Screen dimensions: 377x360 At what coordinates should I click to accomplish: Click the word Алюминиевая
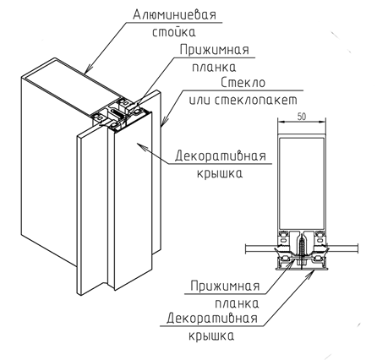tap(174, 14)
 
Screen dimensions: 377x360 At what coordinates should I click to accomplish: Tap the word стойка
tap(174, 32)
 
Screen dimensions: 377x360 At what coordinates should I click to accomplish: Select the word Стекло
tap(243, 83)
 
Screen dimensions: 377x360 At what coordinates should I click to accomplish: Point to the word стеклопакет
tap(256, 101)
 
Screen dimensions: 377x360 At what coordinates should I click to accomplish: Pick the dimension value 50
tap(302, 117)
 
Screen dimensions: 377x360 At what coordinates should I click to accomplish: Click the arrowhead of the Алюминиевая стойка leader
tap(89, 69)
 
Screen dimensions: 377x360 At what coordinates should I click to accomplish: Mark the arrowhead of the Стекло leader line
tap(164, 121)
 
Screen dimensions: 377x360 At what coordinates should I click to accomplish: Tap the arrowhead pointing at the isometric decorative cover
tap(140, 145)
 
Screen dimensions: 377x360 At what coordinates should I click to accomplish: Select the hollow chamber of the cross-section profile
tap(302, 183)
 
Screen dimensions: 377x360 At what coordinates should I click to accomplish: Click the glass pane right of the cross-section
tap(341, 248)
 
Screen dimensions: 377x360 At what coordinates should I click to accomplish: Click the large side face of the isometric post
tap(49, 169)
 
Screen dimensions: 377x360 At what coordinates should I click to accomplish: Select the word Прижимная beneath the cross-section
tap(225, 286)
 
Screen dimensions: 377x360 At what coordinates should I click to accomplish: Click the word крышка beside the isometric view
tap(219, 172)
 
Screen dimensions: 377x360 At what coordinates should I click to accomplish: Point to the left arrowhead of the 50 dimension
tap(280, 123)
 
